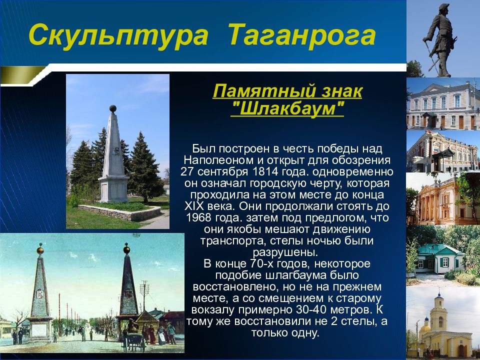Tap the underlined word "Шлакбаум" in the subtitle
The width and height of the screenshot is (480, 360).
pyautogui.click(x=288, y=108)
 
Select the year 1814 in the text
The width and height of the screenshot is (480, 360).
pyautogui.click(x=264, y=171)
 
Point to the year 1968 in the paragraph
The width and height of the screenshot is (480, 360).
pyautogui.click(x=198, y=217)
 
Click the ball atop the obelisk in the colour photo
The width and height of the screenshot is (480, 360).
pyautogui.click(x=113, y=108)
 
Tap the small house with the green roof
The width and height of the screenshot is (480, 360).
pyautogui.click(x=439, y=258)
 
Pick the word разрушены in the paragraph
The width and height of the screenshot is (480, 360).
pyautogui.click(x=284, y=252)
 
